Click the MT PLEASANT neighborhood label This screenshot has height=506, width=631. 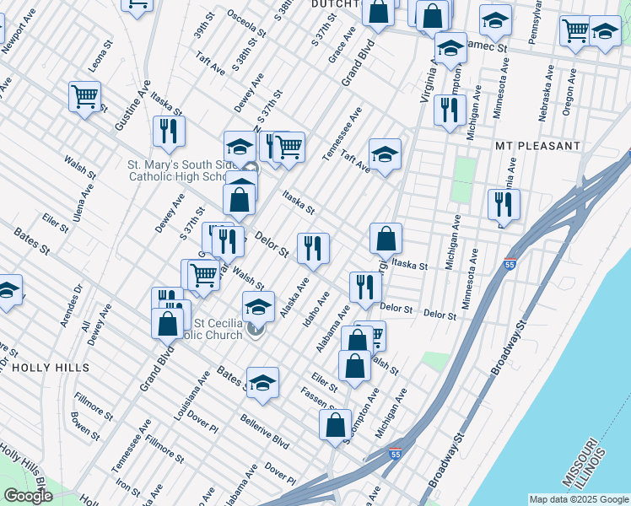click(x=537, y=146)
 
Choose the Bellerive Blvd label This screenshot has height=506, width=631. click(x=264, y=431)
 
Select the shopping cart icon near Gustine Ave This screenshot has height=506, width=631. click(x=84, y=97)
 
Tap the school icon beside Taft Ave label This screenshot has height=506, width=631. click(x=385, y=154)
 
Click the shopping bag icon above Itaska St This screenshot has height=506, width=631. click(x=386, y=240)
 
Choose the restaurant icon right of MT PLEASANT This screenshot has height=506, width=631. click(x=504, y=205)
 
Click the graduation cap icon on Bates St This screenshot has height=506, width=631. click(x=262, y=383)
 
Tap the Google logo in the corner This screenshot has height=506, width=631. click(x=27, y=496)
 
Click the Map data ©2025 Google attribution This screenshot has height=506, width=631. click(x=579, y=499)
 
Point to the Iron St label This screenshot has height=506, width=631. click(x=128, y=487)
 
